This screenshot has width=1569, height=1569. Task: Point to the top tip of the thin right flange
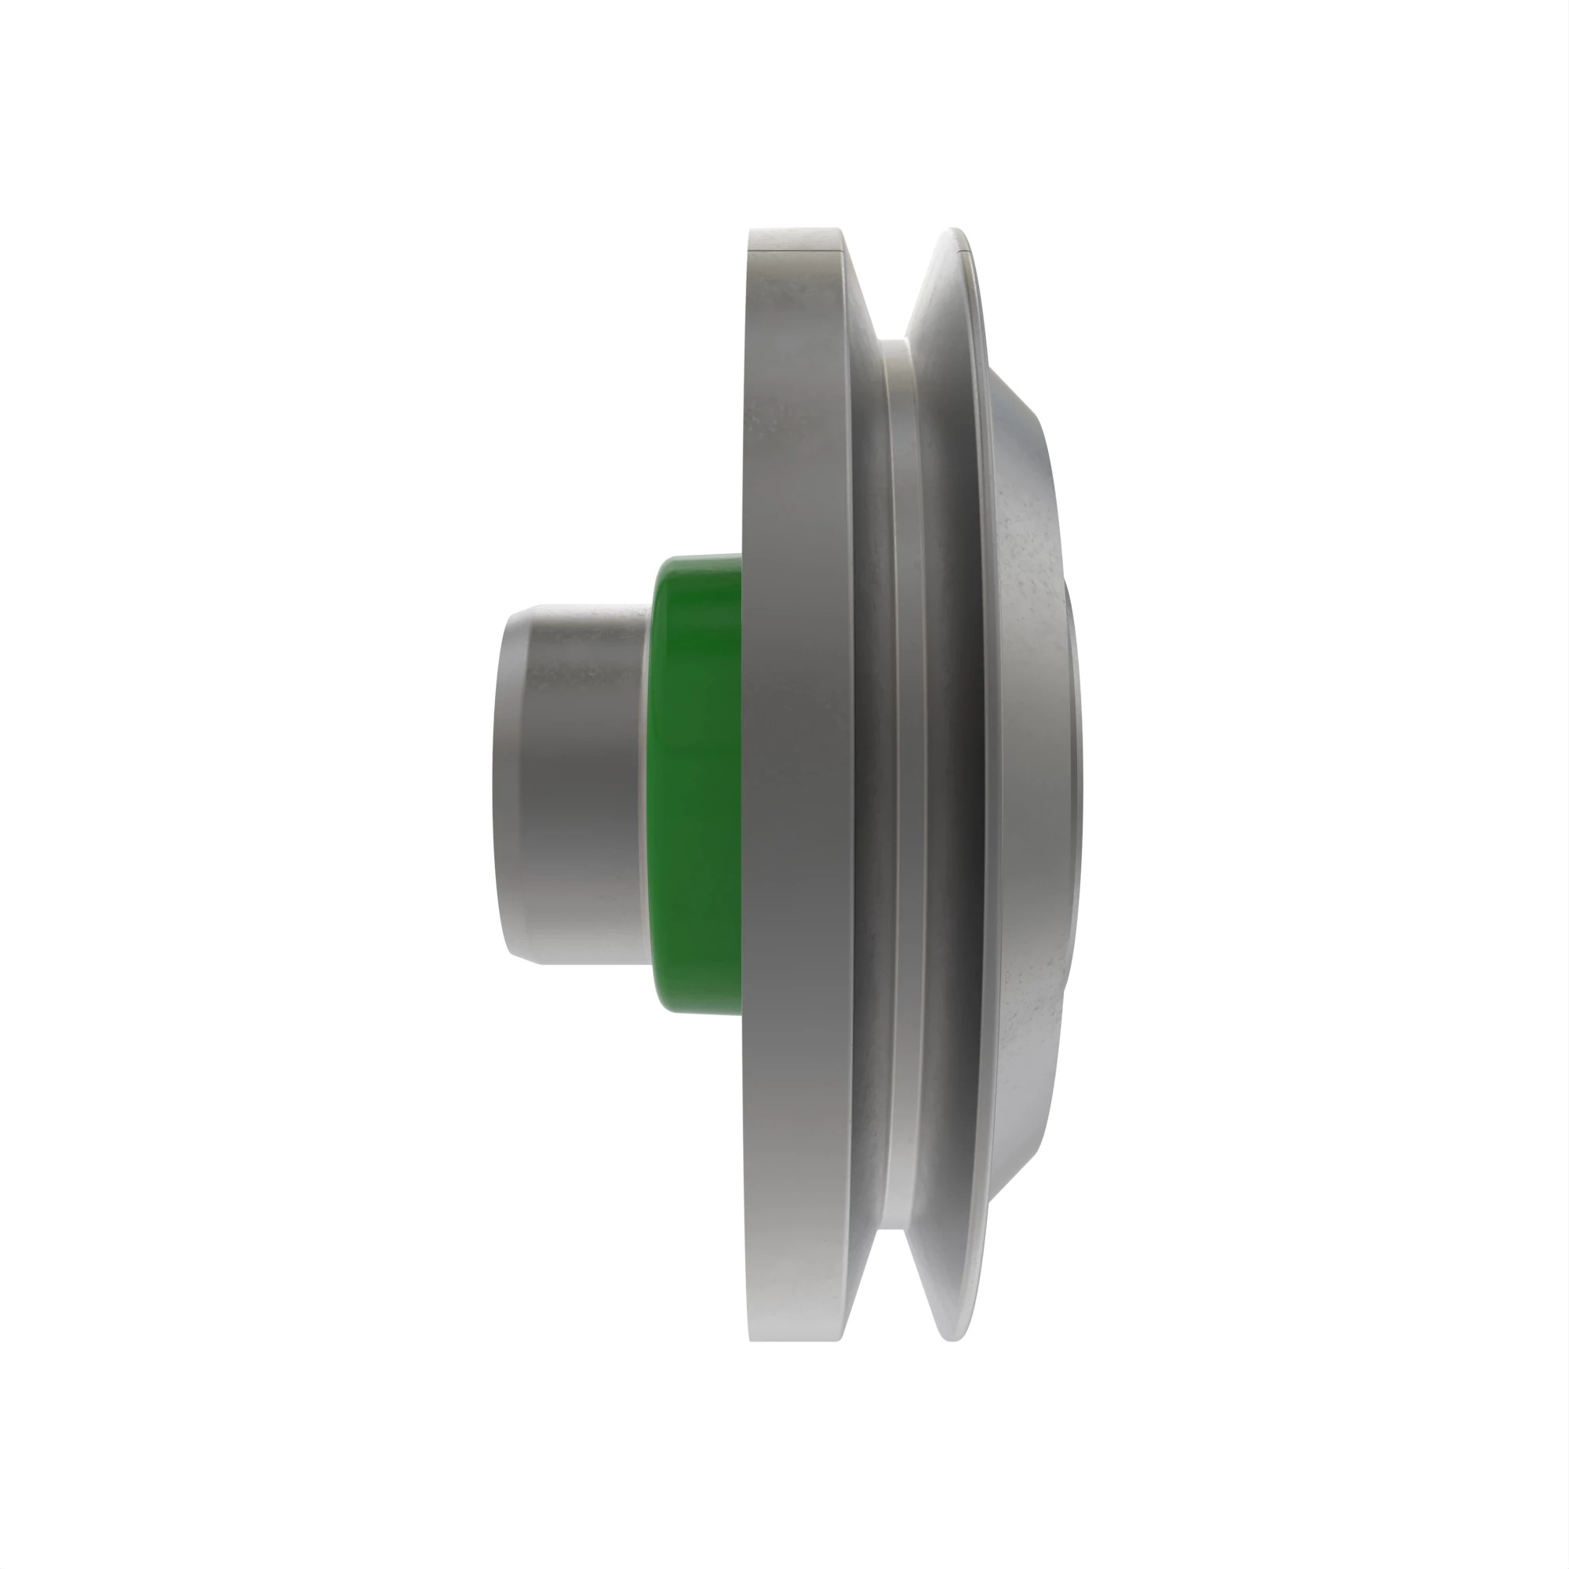point(954,231)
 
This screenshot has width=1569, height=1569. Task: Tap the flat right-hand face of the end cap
point(1074,784)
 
